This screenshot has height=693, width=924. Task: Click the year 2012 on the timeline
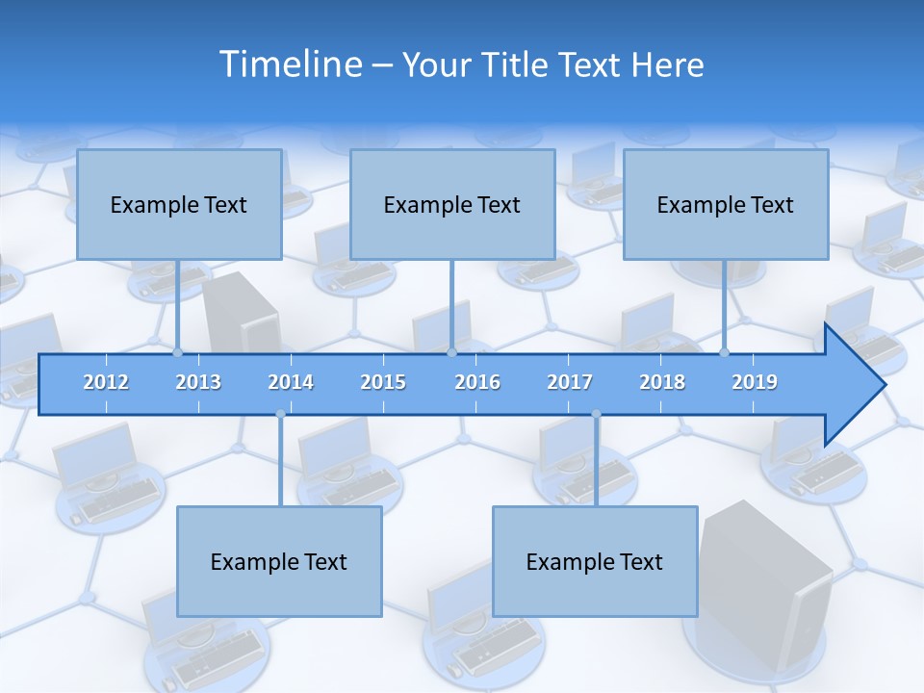click(x=106, y=382)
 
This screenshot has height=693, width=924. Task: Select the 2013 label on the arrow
click(x=198, y=382)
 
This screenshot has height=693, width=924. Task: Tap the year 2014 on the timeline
click(x=291, y=382)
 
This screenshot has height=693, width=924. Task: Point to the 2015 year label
click(x=383, y=382)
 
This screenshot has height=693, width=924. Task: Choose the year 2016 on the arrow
click(x=477, y=382)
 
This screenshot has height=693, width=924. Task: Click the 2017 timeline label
click(x=570, y=382)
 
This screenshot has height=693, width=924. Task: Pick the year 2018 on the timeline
click(x=662, y=382)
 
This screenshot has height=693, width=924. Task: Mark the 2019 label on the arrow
click(x=755, y=382)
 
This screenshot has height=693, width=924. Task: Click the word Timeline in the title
click(x=289, y=64)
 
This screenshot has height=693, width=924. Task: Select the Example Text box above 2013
click(x=179, y=204)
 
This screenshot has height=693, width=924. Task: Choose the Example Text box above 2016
click(x=452, y=204)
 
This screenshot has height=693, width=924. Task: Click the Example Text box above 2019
click(x=726, y=204)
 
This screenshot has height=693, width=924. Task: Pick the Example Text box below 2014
click(x=279, y=561)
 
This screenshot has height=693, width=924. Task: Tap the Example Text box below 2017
click(x=595, y=561)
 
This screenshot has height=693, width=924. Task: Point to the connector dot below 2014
click(x=280, y=414)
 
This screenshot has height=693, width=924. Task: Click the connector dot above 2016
click(x=451, y=353)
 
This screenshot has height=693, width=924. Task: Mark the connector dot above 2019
click(x=725, y=353)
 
